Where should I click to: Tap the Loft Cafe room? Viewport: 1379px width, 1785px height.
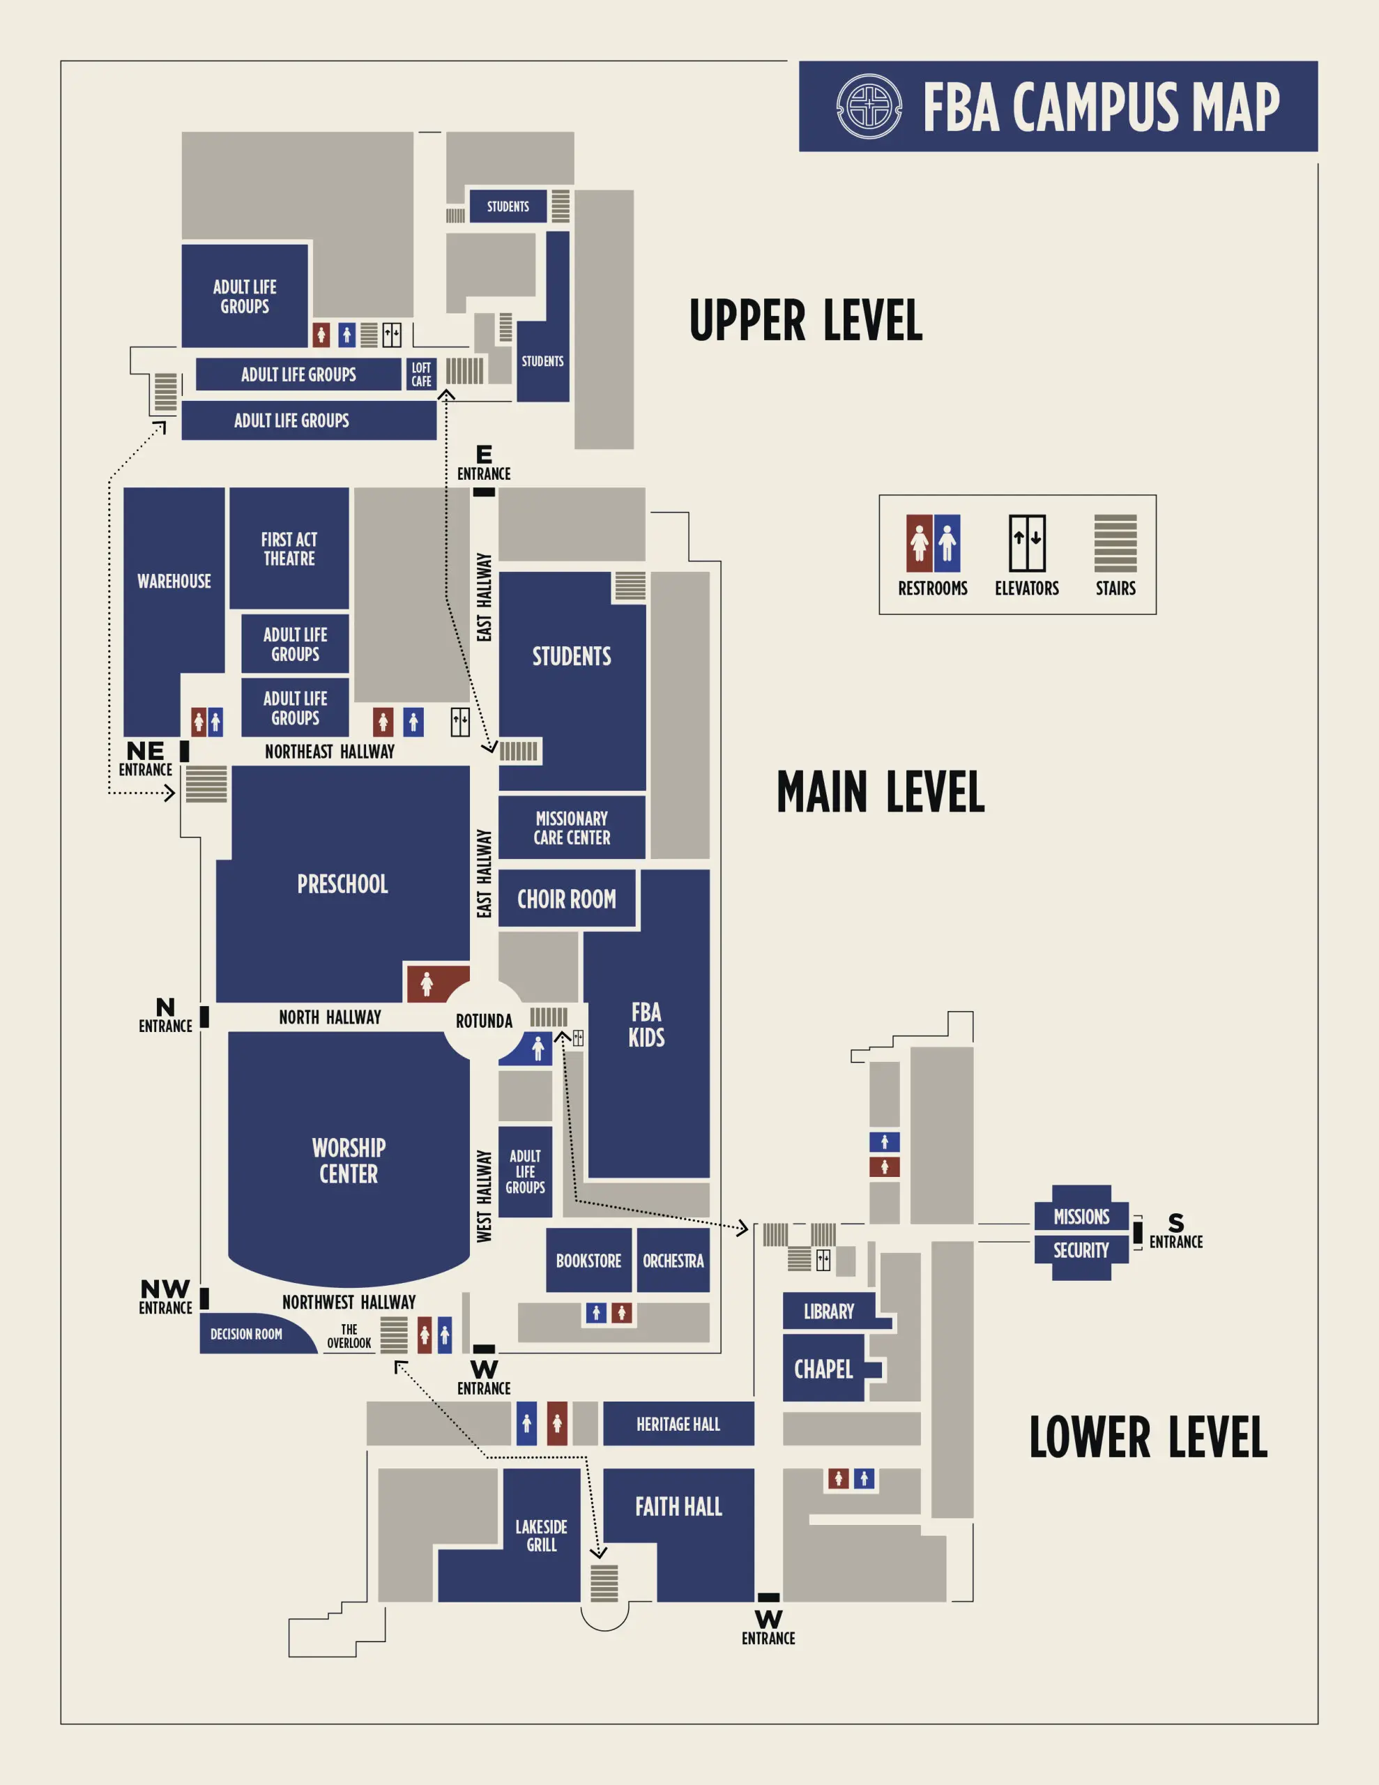421,374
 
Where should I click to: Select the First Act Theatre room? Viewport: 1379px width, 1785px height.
289,549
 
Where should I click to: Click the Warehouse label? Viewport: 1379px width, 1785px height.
174,581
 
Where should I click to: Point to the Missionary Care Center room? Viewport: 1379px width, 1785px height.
572,828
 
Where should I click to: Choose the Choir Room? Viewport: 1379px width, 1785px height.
567,899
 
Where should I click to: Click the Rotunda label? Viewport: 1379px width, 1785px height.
484,1021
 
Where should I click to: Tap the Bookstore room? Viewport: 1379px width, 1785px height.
588,1260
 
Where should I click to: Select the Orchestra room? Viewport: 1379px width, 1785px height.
673,1260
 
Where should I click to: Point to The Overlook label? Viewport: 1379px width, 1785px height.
349,1336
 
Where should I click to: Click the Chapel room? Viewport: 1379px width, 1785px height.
824,1369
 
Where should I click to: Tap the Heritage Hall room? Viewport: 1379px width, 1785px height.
678,1425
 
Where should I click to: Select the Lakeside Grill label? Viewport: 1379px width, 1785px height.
541,1535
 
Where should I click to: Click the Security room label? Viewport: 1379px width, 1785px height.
1081,1250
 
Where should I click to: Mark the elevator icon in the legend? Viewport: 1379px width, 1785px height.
1027,543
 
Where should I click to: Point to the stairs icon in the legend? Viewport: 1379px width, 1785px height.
1115,543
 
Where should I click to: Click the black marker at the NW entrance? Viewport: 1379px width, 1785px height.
204,1298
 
